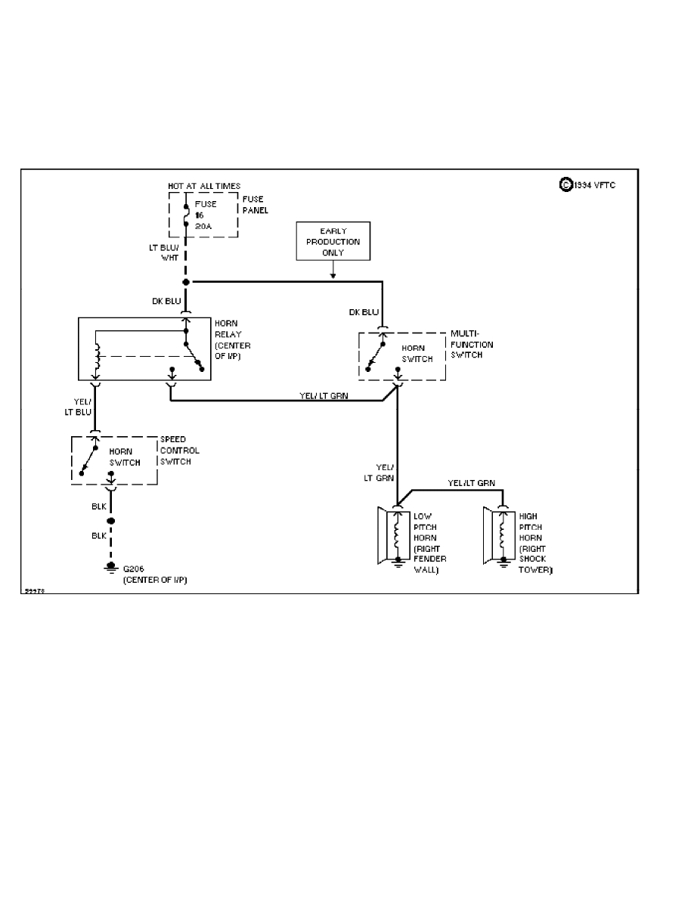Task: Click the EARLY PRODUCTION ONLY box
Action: [333, 241]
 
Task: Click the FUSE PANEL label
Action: [256, 205]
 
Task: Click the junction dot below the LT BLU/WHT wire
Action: [186, 281]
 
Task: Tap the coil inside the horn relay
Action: [96, 355]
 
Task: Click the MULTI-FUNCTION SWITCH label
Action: [472, 344]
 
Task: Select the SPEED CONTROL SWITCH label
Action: [180, 451]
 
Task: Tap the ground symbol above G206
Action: [111, 567]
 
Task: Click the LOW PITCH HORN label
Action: [429, 543]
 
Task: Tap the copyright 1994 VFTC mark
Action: [587, 184]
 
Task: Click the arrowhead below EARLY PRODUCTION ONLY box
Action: [333, 276]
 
